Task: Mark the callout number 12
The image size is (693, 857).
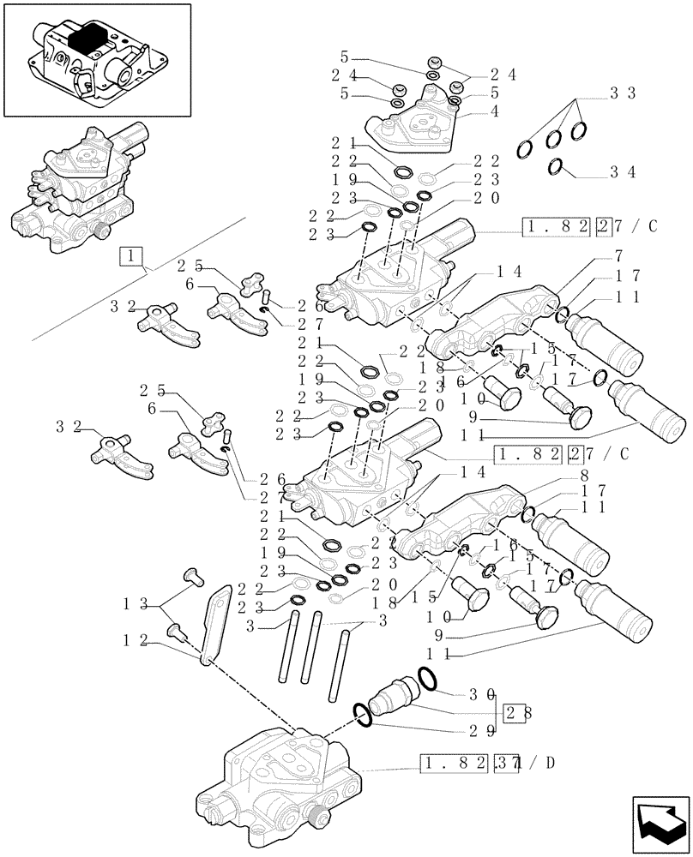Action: point(131,638)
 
